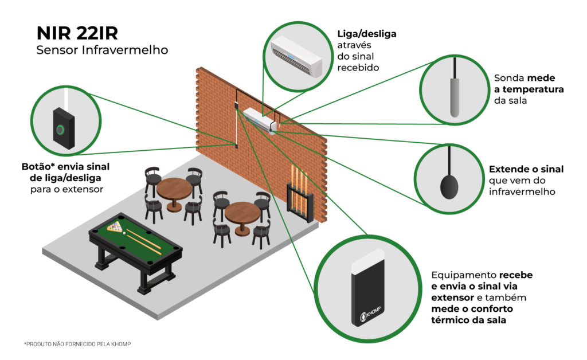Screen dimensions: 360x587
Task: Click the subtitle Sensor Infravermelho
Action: (102, 50)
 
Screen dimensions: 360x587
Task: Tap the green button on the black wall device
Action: (59, 129)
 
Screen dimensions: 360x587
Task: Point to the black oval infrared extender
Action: (449, 185)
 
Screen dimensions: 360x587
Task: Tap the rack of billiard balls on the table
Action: (116, 227)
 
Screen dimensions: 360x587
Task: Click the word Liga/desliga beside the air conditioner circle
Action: (367, 34)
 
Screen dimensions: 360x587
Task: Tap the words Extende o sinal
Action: (526, 170)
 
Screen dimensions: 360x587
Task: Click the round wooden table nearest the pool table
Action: (174, 190)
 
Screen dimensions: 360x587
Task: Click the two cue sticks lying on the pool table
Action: (142, 239)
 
